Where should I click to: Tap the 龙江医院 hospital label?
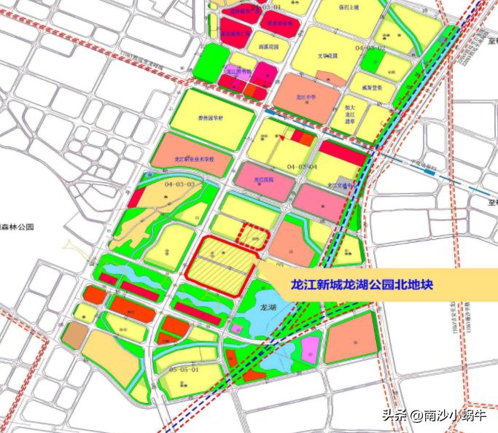[x=263, y=179]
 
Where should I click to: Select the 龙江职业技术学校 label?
[x=192, y=157]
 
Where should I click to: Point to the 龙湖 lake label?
[x=268, y=308]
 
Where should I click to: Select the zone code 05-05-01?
[x=183, y=370]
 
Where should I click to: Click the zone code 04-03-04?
[x=302, y=167]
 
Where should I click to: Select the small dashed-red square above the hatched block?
[x=255, y=238]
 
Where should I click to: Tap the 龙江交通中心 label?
[x=341, y=185]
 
